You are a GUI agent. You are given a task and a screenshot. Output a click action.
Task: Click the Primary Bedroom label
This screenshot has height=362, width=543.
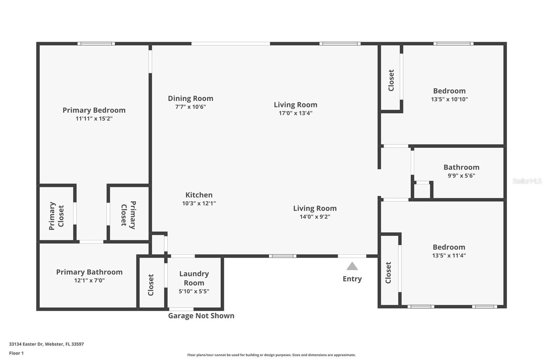pos(94,110)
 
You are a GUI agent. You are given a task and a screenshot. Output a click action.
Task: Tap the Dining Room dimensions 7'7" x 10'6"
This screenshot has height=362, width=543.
pos(190,107)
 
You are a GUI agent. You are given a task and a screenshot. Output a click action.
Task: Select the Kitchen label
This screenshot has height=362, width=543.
pos(199,195)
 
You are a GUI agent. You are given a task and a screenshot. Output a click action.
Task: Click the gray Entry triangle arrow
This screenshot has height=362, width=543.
pos(352,266)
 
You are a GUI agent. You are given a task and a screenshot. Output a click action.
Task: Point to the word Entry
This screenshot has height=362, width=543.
pos(352,279)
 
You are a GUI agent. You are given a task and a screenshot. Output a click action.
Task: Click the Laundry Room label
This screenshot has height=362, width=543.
pos(194,278)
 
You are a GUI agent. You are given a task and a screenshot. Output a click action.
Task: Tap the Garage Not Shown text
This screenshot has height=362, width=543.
pos(201,316)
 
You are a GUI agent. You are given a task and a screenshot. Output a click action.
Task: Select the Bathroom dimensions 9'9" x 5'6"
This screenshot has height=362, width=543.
pos(461,176)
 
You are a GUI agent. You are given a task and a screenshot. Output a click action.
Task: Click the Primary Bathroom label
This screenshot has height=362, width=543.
pos(89,272)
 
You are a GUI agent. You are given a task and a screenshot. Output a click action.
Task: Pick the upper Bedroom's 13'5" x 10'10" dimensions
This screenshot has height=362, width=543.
pos(449,99)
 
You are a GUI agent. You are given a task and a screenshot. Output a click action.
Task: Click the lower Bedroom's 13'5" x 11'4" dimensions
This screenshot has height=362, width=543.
pos(449,255)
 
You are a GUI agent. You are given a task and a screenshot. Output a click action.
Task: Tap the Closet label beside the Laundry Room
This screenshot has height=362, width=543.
pos(151,285)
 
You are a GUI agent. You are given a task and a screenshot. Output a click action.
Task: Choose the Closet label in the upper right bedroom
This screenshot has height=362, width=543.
pos(391,80)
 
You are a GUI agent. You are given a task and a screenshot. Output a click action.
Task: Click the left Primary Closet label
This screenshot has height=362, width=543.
pos(56,216)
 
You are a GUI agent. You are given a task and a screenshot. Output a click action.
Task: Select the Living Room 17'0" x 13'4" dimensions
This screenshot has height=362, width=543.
pos(295,113)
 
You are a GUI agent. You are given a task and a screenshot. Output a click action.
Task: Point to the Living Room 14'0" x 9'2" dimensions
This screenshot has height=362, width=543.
pos(315,217)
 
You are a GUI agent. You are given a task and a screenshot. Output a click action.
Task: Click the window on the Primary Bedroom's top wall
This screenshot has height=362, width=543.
pos(96,43)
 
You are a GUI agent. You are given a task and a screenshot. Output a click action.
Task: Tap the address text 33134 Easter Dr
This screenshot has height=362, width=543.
pos(46,344)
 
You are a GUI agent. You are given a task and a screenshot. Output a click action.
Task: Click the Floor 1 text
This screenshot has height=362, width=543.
pos(16,353)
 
